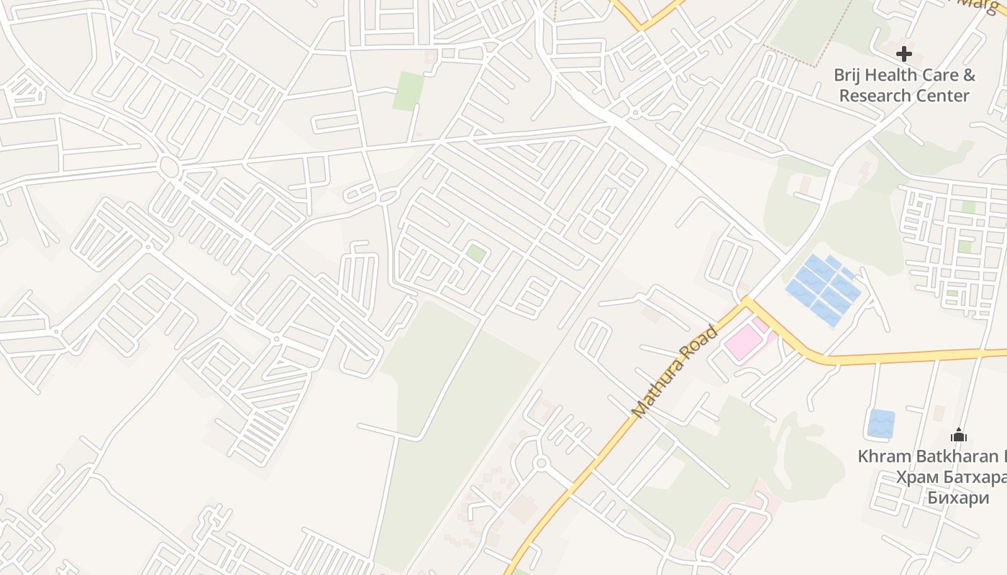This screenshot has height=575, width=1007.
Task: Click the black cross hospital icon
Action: [904, 53]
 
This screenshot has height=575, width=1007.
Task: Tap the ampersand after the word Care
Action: [969, 75]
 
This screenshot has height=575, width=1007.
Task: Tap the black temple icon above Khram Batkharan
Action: [959, 435]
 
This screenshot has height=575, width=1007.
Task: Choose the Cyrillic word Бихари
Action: [957, 498]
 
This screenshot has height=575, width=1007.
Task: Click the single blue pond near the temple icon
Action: [881, 423]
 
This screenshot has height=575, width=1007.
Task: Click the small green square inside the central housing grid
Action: [475, 253]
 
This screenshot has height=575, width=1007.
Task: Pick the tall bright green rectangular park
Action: [408, 91]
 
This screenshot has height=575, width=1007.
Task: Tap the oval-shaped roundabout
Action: [169, 167]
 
